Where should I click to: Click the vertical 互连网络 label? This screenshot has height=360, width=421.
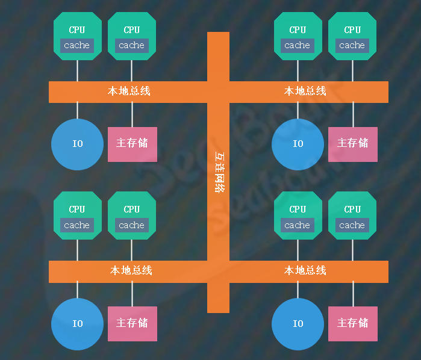click(x=220, y=172)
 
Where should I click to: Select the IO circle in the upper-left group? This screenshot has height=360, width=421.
click(x=77, y=144)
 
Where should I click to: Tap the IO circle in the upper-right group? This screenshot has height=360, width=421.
click(x=298, y=144)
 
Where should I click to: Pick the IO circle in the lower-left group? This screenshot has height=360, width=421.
click(x=77, y=324)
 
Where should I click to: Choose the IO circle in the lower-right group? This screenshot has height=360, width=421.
click(x=298, y=324)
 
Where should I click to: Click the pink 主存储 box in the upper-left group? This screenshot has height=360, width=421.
click(x=133, y=144)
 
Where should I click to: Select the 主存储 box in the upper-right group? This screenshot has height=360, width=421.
click(x=353, y=144)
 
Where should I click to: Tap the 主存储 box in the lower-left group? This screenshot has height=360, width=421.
click(x=133, y=324)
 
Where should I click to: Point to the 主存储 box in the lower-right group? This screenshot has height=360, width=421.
click(x=353, y=324)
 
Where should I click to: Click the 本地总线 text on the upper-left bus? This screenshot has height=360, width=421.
click(x=129, y=91)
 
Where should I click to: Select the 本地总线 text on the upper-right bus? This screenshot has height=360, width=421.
click(x=305, y=91)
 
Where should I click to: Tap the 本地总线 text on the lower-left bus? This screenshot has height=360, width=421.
click(x=131, y=270)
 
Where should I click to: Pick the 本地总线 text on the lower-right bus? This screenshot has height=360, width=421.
click(x=305, y=270)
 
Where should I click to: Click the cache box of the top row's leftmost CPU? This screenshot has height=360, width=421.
click(x=77, y=45)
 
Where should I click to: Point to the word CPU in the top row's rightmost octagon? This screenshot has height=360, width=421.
click(x=352, y=29)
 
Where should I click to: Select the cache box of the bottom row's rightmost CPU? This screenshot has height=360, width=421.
click(x=352, y=225)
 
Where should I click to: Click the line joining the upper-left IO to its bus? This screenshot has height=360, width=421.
click(x=77, y=110)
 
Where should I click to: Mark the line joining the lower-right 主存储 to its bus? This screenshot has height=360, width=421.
click(x=353, y=294)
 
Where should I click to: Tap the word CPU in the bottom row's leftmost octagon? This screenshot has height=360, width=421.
click(x=76, y=209)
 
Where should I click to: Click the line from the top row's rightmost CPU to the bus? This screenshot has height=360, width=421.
click(x=352, y=70)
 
